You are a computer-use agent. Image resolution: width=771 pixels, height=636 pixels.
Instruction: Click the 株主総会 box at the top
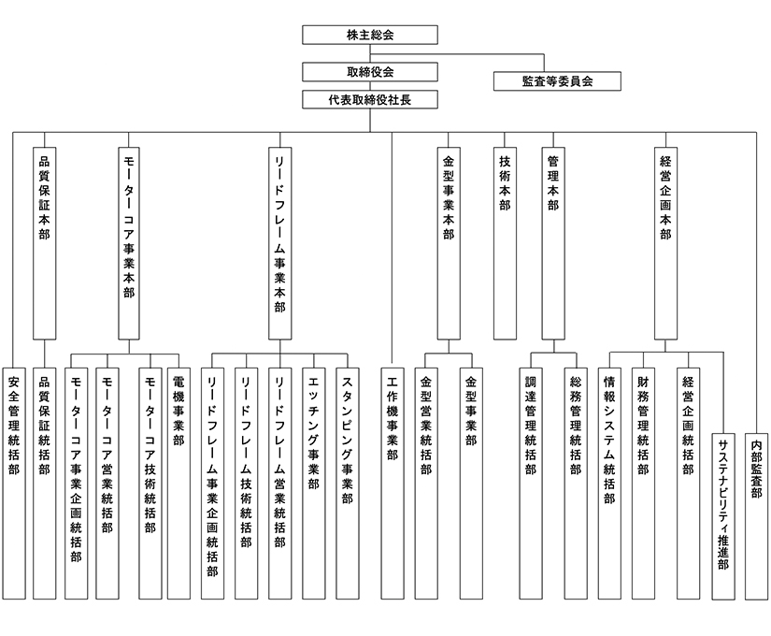pyautogui.click(x=370, y=35)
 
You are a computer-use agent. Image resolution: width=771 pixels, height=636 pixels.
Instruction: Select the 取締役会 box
pyautogui.click(x=370, y=72)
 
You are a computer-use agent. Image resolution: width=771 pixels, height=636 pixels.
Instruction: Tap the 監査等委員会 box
pyautogui.click(x=557, y=81)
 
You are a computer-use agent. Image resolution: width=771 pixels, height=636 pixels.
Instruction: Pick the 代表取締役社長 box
pyautogui.click(x=370, y=100)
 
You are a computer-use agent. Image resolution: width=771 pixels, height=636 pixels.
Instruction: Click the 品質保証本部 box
pyautogui.click(x=44, y=243)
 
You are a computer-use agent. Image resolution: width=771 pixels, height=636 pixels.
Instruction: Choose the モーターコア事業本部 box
pyautogui.click(x=129, y=243)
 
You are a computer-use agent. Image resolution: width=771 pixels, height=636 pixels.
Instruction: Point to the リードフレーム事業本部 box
pyautogui.click(x=279, y=243)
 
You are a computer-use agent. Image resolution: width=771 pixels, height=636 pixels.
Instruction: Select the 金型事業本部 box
pyautogui.click(x=449, y=243)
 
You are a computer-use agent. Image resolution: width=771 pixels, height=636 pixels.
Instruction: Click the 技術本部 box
pyautogui.click(x=505, y=243)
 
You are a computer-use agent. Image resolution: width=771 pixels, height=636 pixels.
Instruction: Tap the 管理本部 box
pyautogui.click(x=553, y=243)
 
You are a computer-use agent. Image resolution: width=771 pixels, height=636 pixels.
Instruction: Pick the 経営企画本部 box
pyautogui.click(x=665, y=243)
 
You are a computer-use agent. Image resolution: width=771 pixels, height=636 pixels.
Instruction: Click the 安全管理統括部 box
pyautogui.click(x=14, y=484)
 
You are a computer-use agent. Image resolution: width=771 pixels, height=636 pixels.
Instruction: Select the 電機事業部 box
pyautogui.click(x=179, y=484)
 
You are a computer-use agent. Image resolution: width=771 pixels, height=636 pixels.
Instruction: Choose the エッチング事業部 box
pyautogui.click(x=314, y=484)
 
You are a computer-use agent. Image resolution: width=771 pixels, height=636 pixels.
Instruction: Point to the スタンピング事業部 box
pyautogui.click(x=348, y=484)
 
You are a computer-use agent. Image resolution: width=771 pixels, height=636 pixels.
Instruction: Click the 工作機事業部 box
pyautogui.click(x=393, y=484)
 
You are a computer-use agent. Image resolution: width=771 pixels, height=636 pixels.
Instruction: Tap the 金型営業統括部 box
pyautogui.click(x=426, y=484)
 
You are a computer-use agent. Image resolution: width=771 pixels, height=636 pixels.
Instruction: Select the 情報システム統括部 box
pyautogui.click(x=609, y=484)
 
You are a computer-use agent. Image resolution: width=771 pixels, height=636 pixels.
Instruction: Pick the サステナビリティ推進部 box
pyautogui.click(x=723, y=516)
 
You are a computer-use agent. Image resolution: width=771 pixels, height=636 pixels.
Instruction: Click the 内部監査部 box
pyautogui.click(x=756, y=516)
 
